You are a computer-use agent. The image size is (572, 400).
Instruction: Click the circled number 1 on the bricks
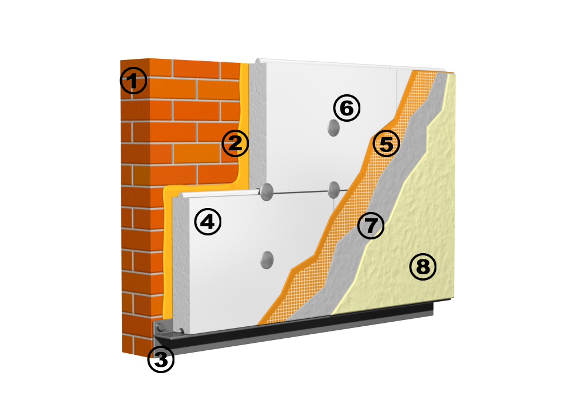point(133,81)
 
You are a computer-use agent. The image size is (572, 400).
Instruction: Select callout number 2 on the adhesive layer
point(235,143)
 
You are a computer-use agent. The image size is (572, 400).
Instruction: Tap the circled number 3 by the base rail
point(161,359)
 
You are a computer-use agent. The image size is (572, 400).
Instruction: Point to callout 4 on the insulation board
point(208,222)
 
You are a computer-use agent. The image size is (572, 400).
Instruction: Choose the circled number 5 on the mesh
point(386,143)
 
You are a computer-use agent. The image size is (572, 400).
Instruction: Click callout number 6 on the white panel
point(347,108)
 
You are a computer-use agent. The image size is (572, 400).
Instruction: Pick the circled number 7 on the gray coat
point(371,225)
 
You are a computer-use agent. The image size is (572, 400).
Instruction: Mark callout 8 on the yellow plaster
point(423,267)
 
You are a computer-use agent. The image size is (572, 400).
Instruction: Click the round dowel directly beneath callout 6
point(333,127)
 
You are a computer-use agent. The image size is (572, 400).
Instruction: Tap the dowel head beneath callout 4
point(267,260)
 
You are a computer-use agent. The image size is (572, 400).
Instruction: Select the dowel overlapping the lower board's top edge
point(267,191)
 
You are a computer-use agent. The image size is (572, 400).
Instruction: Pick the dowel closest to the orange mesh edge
point(334,190)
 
